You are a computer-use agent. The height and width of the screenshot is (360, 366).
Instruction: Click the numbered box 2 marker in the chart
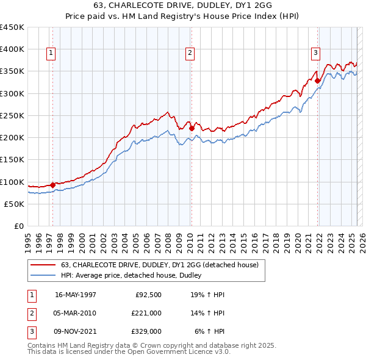pyautogui.click(x=190, y=53)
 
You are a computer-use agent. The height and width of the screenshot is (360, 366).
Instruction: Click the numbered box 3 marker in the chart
pyautogui.click(x=316, y=53)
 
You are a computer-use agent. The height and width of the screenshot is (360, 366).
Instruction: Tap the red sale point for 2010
pyautogui.click(x=192, y=128)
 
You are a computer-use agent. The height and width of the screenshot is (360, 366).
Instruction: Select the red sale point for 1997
pyautogui.click(x=53, y=185)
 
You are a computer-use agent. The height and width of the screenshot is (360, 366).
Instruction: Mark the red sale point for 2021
pyautogui.click(x=318, y=80)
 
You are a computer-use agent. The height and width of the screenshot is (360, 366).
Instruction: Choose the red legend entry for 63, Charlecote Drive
pyautogui.click(x=160, y=265)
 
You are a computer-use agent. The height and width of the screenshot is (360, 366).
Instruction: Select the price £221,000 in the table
pyautogui.click(x=146, y=313)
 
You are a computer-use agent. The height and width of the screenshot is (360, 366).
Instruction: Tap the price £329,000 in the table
pyautogui.click(x=146, y=331)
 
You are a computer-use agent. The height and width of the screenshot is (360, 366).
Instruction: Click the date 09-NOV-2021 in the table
pyautogui.click(x=75, y=331)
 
